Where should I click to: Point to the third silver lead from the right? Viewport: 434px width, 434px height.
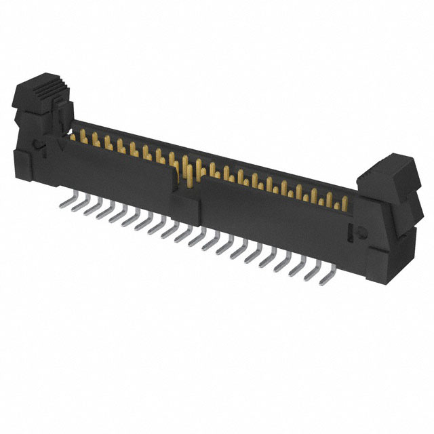(x=299, y=270)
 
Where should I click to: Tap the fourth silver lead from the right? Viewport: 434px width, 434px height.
(x=283, y=265)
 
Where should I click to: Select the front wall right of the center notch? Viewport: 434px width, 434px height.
(x=271, y=217)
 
